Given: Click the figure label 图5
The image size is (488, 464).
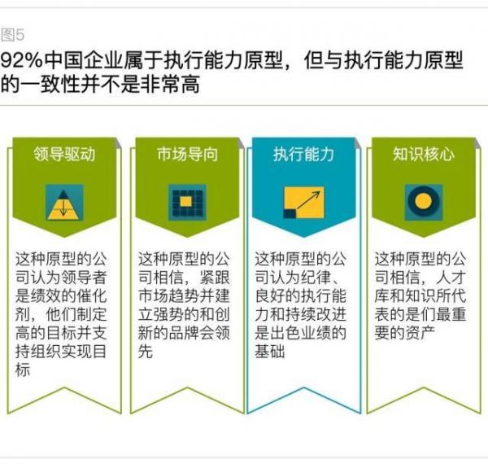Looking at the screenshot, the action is [x=12, y=34].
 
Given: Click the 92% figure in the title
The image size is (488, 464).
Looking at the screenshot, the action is [x=21, y=60].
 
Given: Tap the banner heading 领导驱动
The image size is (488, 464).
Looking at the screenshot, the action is [x=64, y=154].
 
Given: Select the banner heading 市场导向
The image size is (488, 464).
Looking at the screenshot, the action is [x=187, y=154].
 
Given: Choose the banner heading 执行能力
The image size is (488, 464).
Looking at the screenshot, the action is [x=303, y=154].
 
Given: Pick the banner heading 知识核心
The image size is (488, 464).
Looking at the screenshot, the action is [x=423, y=154].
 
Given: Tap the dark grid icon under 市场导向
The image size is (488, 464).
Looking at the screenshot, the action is [x=187, y=203].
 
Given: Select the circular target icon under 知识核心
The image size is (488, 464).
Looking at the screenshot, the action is [x=423, y=201].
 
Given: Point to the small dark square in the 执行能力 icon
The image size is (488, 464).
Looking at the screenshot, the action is [x=290, y=213].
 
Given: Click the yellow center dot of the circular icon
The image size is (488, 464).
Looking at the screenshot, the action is [x=423, y=201].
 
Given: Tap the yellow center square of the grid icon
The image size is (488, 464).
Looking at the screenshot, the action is [x=185, y=202].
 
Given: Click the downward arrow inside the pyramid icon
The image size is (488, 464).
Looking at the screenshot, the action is [x=63, y=207].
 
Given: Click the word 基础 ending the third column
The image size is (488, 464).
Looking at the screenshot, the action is [x=270, y=352].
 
